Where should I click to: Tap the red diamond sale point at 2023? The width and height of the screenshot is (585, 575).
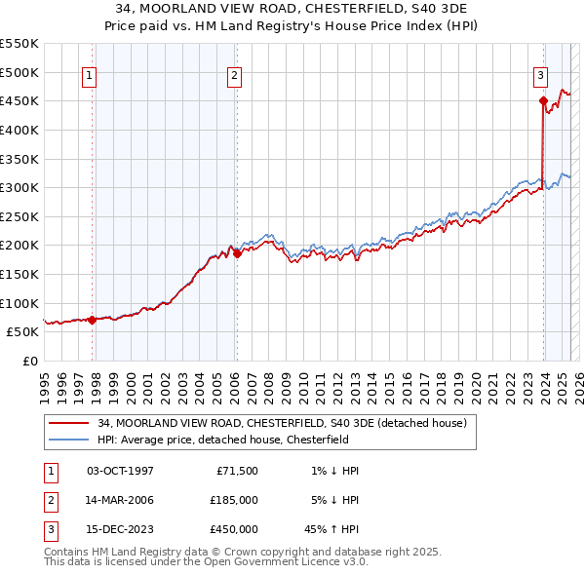tap(542, 100)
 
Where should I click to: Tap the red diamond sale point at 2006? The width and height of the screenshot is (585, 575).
tap(237, 253)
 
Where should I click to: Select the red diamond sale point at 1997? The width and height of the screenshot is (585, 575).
tap(92, 320)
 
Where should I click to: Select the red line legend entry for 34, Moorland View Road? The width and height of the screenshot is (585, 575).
tap(283, 423)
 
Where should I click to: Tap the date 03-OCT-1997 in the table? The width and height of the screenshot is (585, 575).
tap(120, 471)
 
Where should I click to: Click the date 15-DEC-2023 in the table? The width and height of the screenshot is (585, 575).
tap(120, 530)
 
